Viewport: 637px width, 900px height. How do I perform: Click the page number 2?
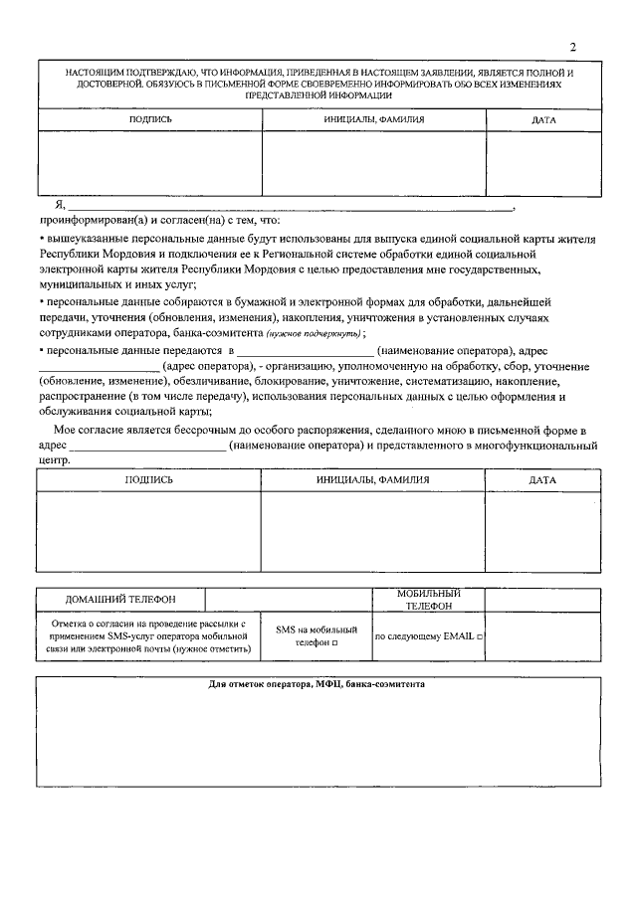tap(573, 48)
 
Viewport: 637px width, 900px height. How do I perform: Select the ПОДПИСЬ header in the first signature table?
tap(150, 119)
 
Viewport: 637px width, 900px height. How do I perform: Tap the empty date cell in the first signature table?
tap(543, 164)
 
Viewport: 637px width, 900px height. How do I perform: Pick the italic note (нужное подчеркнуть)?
tap(314, 334)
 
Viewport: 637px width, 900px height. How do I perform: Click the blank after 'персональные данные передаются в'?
tap(303, 351)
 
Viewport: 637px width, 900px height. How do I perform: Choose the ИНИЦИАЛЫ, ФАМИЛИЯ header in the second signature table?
tap(373, 479)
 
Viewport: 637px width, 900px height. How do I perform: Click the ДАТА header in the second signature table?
tap(543, 479)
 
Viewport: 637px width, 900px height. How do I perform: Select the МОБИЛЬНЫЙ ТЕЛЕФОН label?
tap(428, 600)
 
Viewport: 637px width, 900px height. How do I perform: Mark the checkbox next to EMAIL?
tap(480, 636)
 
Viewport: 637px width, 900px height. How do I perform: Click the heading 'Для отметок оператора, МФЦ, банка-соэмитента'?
tap(318, 685)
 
